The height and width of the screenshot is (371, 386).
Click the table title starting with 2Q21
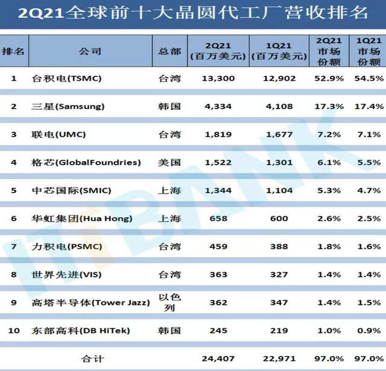click(193, 12)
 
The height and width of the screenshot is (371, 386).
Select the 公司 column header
click(90, 51)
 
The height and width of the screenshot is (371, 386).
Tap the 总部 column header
click(169, 51)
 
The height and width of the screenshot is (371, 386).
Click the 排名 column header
click(13, 51)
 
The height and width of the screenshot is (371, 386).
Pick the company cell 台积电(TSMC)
click(67, 78)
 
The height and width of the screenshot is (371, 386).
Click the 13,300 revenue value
click(218, 78)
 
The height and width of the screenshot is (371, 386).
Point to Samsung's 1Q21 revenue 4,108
click(279, 106)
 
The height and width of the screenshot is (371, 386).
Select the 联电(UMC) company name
click(59, 135)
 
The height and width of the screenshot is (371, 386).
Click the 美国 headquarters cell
click(169, 162)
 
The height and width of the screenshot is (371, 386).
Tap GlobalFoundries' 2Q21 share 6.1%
click(329, 162)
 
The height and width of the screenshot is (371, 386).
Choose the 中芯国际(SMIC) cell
click(71, 191)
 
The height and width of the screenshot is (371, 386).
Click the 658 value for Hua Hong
click(218, 218)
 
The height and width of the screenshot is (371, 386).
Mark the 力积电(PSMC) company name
click(67, 247)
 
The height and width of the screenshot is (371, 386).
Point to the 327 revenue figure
click(279, 274)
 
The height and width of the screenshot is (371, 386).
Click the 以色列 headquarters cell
click(169, 302)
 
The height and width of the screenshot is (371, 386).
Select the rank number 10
click(13, 331)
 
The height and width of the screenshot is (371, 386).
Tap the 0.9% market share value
click(369, 331)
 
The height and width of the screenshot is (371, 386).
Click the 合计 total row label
click(92, 359)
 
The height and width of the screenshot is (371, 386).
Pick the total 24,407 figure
click(218, 359)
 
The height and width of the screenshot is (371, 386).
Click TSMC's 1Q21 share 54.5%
click(369, 78)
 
